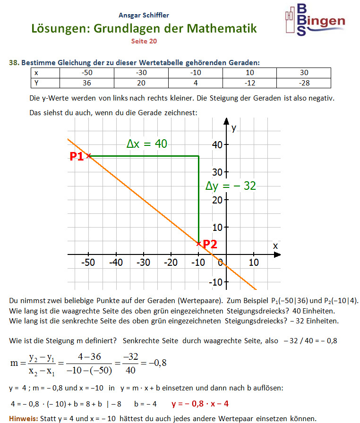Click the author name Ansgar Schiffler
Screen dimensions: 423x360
[x=144, y=15]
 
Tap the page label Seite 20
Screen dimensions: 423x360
[x=144, y=41]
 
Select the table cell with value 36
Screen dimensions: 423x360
[x=87, y=83]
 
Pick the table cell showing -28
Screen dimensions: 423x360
[x=304, y=83]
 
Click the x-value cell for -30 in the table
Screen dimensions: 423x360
[x=141, y=73]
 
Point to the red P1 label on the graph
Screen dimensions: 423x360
[x=77, y=157]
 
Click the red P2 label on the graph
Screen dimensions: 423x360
[x=210, y=244]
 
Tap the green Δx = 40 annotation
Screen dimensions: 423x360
[x=147, y=144]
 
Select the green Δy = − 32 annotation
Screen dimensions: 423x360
[x=231, y=186]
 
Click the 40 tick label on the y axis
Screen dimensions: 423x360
[x=217, y=145]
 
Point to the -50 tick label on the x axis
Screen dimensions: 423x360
[x=88, y=262]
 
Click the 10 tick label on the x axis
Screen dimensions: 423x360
[x=253, y=262]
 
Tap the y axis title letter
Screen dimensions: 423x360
[x=234, y=127]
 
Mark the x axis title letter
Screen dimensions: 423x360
[x=275, y=246]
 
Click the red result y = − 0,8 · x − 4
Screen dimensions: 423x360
[x=200, y=404]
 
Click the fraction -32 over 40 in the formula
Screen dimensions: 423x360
[x=131, y=364]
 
